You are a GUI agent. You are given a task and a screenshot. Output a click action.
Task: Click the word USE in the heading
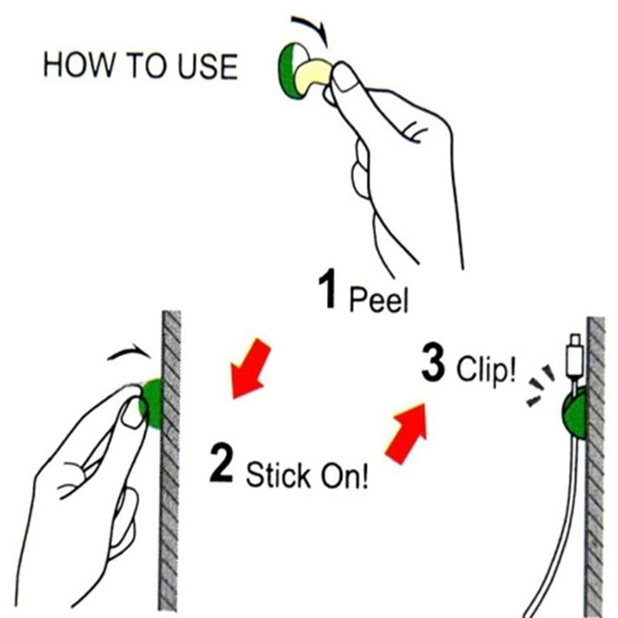point(207,66)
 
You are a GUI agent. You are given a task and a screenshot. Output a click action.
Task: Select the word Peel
point(378,300)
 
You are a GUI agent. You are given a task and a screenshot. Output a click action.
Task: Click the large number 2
point(222,462)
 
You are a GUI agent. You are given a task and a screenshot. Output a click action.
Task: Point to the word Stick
point(278,475)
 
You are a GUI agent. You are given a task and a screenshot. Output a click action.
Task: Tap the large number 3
point(433,362)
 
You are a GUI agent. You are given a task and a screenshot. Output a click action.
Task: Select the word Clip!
point(486,369)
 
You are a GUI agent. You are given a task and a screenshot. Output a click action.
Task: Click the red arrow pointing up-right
point(407,433)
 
